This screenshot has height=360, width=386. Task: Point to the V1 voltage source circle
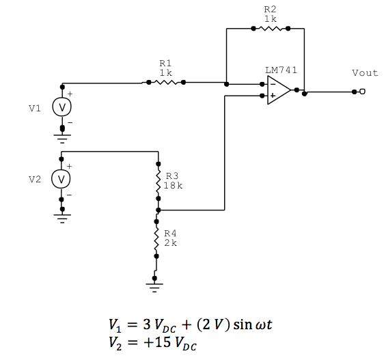pyautogui.click(x=62, y=107)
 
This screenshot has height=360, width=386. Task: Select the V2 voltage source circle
pyautogui.click(x=62, y=179)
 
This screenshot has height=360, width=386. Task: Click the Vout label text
pyautogui.click(x=364, y=72)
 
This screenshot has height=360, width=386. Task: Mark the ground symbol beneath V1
pyautogui.click(x=62, y=139)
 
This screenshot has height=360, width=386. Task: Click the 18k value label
pyautogui.click(x=173, y=185)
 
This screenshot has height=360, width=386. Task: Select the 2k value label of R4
pyautogui.click(x=170, y=243)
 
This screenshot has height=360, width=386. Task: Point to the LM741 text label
pyautogui.click(x=281, y=70)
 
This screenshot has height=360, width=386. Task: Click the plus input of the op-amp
pyautogui.click(x=273, y=96)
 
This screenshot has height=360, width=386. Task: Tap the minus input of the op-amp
pyautogui.click(x=273, y=85)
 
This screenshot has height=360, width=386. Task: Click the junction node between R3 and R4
pyautogui.click(x=157, y=210)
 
